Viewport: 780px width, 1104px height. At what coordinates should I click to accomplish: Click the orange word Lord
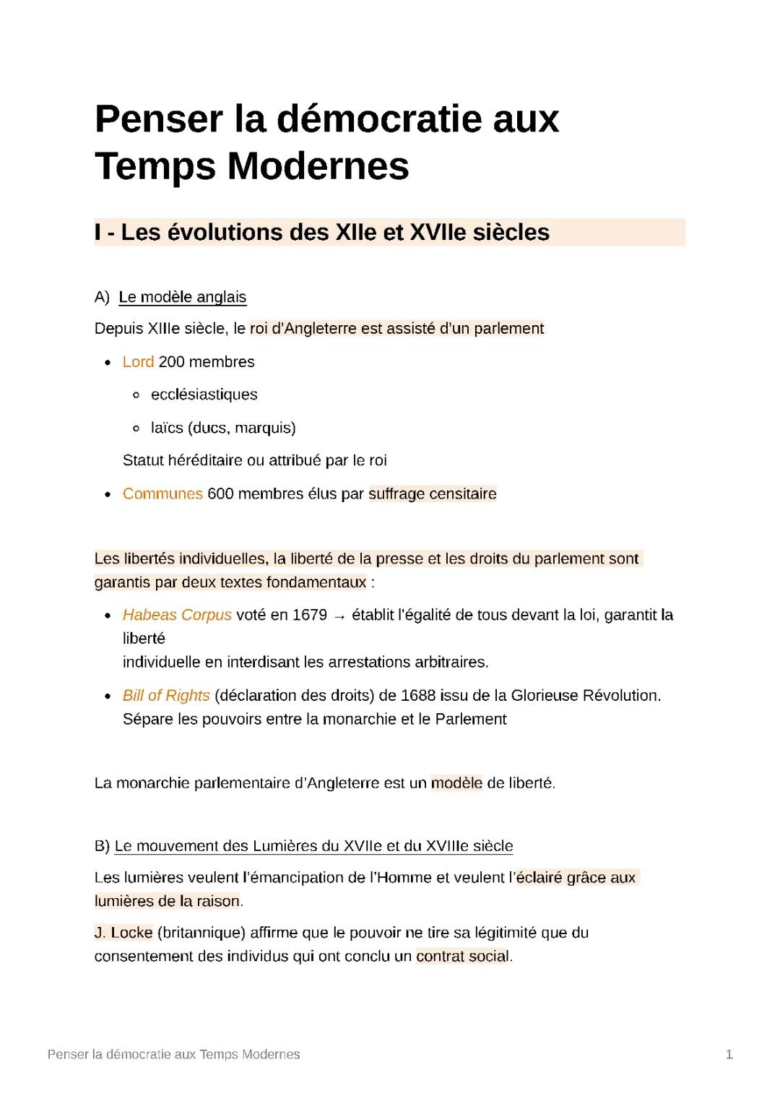138,362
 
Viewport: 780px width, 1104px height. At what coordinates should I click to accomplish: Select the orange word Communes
162,494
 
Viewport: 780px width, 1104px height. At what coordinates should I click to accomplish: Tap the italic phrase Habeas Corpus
177,616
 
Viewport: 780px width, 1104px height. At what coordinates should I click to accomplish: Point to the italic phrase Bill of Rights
166,696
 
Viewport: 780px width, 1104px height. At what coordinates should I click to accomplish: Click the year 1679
310,616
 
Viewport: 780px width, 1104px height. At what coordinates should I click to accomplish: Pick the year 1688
418,696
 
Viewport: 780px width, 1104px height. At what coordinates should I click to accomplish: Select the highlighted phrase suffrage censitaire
433,494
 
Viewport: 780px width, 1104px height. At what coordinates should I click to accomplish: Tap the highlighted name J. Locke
123,933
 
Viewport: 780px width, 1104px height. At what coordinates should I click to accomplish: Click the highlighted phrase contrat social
462,957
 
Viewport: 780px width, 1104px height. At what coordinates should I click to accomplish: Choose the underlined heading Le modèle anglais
183,297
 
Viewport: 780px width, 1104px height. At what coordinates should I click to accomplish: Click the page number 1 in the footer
729,1055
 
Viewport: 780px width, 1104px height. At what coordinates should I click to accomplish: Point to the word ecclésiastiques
204,394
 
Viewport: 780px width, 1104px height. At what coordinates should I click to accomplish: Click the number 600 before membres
220,494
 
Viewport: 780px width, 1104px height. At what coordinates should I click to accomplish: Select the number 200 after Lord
171,362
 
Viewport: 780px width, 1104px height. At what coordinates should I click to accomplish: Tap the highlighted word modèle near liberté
456,783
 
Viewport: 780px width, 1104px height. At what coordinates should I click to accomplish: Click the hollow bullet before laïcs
136,428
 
